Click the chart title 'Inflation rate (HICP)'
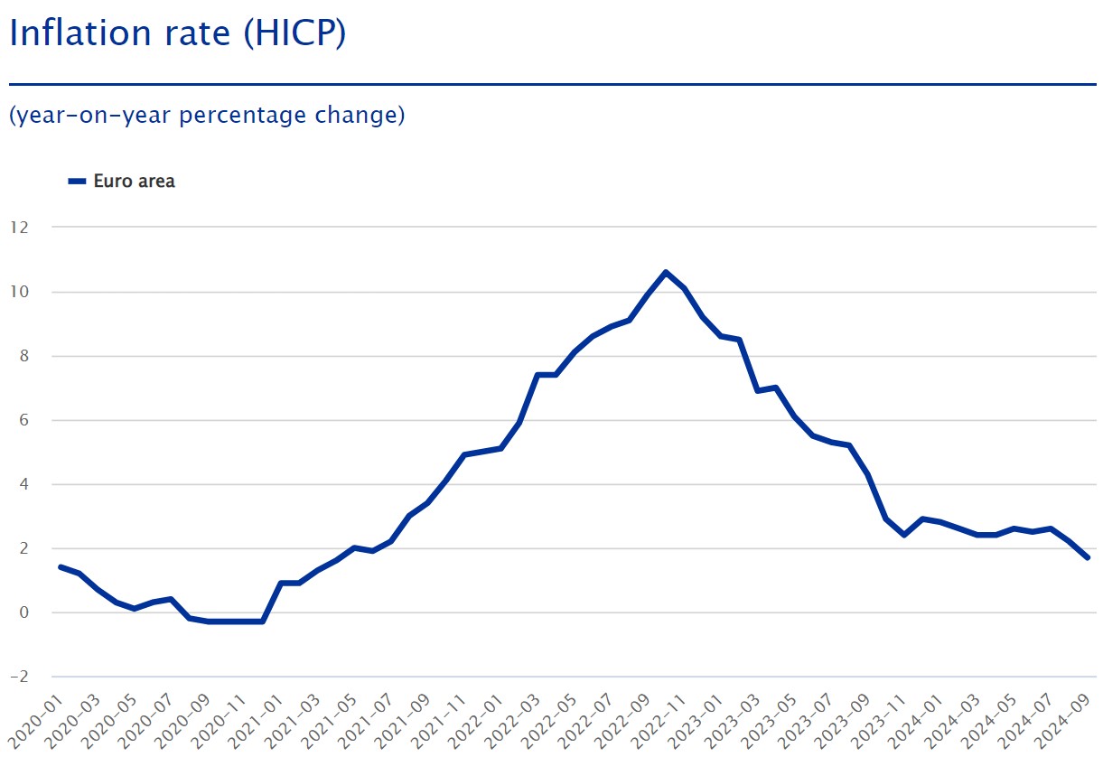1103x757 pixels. click(177, 34)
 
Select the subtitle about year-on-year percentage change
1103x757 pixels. click(207, 116)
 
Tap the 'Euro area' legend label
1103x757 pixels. click(134, 181)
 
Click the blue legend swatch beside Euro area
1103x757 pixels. click(77, 182)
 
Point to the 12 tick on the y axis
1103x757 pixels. click(20, 227)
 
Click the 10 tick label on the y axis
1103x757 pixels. click(20, 292)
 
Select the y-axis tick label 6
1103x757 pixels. click(24, 420)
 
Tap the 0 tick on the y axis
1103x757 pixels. click(24, 612)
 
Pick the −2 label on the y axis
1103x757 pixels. click(18, 677)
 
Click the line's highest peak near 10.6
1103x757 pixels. click(666, 272)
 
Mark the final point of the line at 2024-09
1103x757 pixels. click(1087, 557)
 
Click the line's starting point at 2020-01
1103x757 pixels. click(61, 566)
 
